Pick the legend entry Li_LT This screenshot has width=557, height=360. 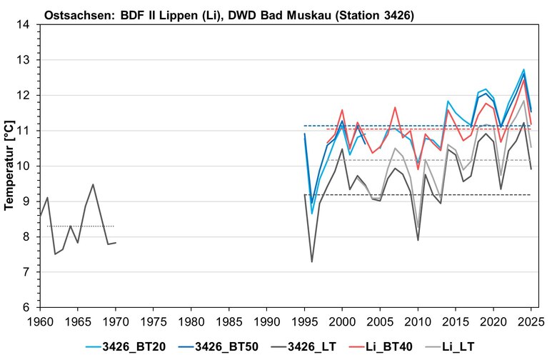pyautogui.click(x=456, y=346)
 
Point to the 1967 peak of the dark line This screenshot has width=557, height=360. pyautogui.click(x=93, y=184)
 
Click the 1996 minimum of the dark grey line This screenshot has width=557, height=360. pyautogui.click(x=312, y=261)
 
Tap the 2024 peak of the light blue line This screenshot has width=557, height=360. pyautogui.click(x=523, y=69)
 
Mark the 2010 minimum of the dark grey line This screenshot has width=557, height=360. pyautogui.click(x=418, y=240)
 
